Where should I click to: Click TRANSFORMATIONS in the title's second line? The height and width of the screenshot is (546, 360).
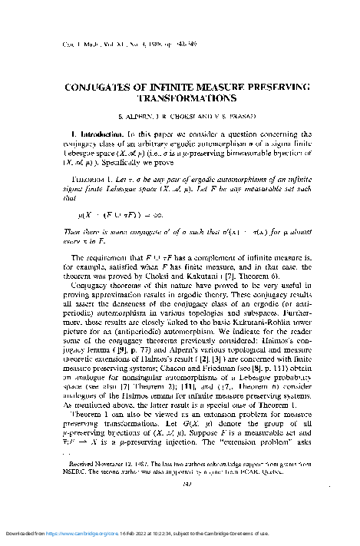(x=179, y=99)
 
